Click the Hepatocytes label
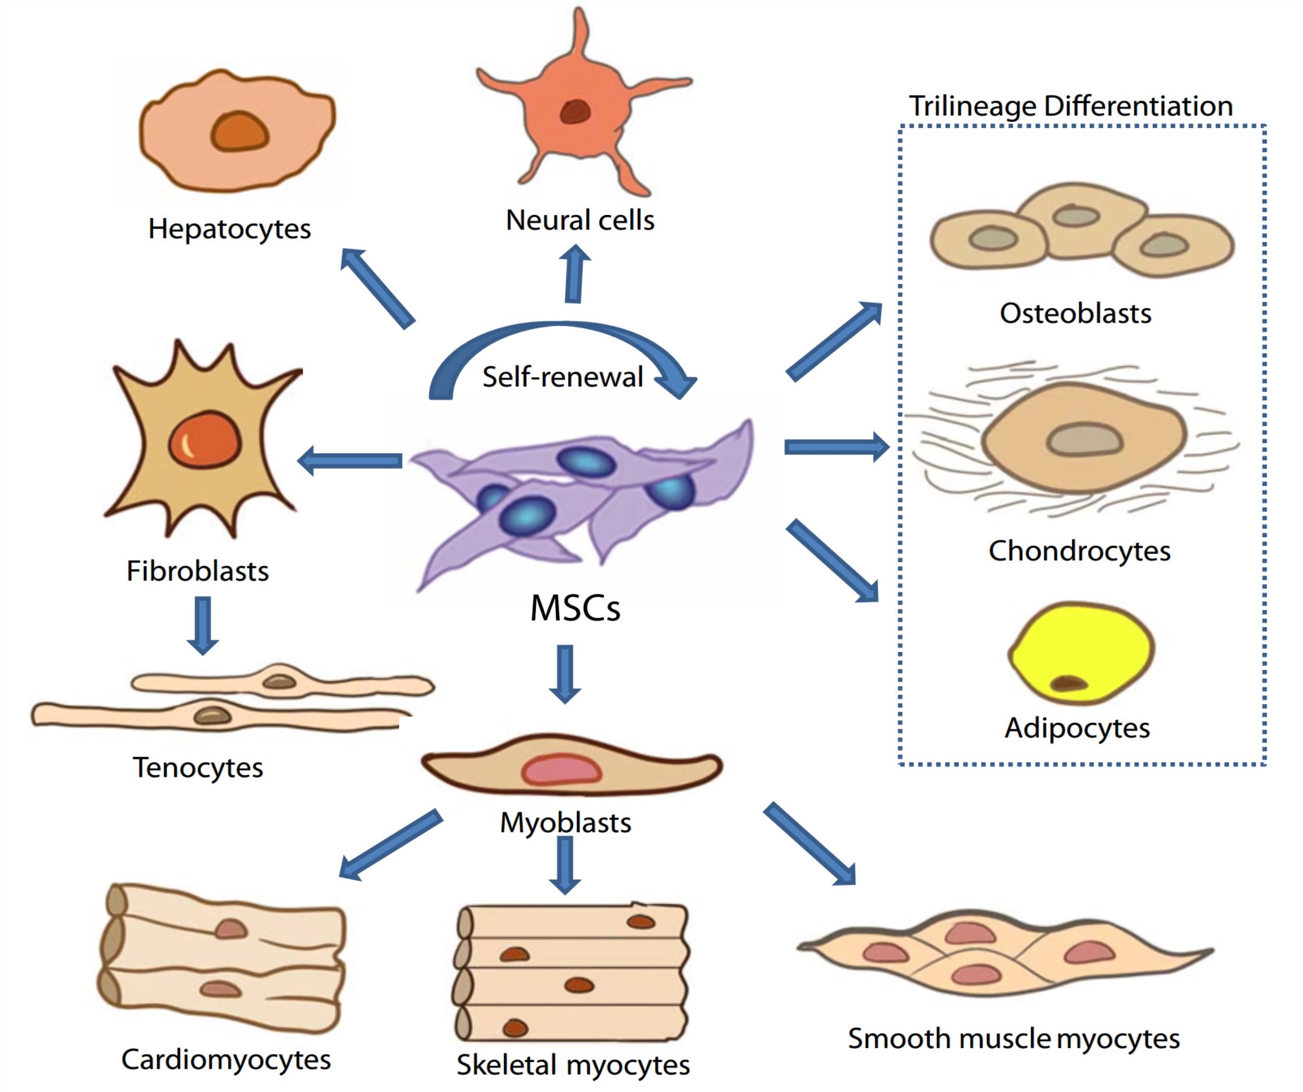(229, 229)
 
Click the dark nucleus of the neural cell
(575, 112)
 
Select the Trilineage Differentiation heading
(1070, 106)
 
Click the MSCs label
(575, 609)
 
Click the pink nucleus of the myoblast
(561, 770)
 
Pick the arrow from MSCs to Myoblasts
(565, 673)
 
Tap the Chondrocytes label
(1079, 550)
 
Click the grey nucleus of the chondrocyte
(1084, 440)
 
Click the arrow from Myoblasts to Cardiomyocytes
(391, 844)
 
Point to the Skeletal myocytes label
(573, 1065)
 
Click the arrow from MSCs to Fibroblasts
(350, 461)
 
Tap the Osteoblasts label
(1075, 313)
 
